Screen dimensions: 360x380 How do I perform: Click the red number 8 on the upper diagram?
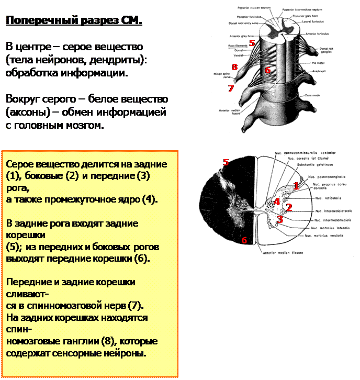coord(234,66)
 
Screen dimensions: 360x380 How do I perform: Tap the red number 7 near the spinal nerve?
coord(231,88)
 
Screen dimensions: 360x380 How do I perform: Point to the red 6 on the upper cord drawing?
coord(267,70)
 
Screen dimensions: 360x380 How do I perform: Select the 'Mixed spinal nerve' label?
coord(220,75)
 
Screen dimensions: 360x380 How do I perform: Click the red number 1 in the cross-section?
coord(296,185)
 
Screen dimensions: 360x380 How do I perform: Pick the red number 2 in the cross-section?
coord(288,207)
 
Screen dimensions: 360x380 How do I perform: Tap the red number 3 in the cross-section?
coord(280,219)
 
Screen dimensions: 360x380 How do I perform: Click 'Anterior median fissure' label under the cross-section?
coord(279,252)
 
